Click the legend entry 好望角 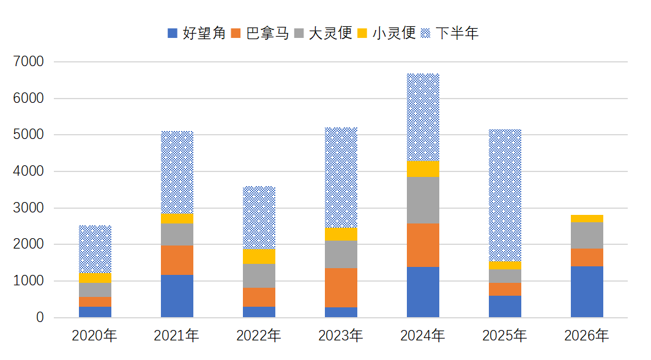click(196, 33)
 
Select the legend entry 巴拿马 click(260, 33)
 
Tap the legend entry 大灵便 click(323, 33)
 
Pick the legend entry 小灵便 click(387, 33)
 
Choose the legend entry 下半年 click(450, 33)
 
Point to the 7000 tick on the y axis click(28, 61)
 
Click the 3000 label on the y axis click(28, 208)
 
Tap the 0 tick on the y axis click(40, 318)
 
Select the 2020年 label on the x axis click(95, 336)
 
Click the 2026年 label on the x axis click(587, 336)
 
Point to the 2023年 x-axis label click(341, 336)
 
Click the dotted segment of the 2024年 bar click(423, 118)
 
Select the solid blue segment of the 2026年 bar click(587, 292)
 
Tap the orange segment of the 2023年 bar click(341, 288)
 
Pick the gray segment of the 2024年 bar click(423, 200)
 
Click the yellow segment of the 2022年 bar click(259, 257)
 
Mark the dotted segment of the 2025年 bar click(505, 195)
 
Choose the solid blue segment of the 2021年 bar click(177, 296)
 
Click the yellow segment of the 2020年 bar click(95, 278)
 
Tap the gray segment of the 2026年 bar click(587, 236)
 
